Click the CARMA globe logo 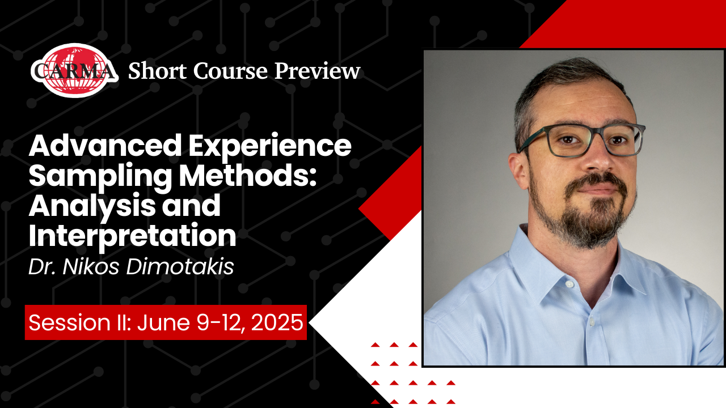pos(74,70)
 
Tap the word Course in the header pos(230,71)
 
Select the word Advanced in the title pos(105,146)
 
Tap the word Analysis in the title pos(92,207)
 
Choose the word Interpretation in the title pos(132,236)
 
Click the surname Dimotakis pos(180,267)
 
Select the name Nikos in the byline pos(91,267)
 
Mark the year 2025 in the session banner pos(277,322)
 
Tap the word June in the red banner pos(163,322)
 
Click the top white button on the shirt pos(569,284)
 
